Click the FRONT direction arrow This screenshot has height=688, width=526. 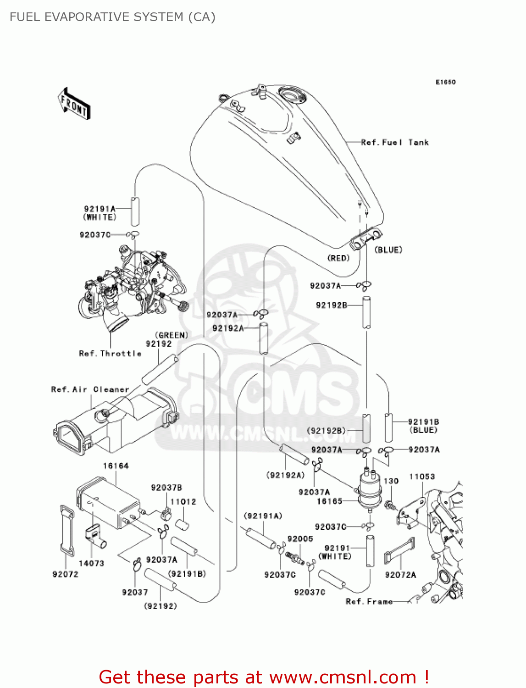pyautogui.click(x=74, y=104)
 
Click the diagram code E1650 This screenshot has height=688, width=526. pyautogui.click(x=445, y=82)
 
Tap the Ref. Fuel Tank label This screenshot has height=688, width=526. pyautogui.click(x=394, y=143)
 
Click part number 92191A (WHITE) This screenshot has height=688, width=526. pyautogui.click(x=100, y=213)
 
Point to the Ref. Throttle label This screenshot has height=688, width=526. pyautogui.click(x=110, y=354)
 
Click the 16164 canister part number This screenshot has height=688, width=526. pyautogui.click(x=116, y=466)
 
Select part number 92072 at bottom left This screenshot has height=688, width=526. pyautogui.click(x=66, y=574)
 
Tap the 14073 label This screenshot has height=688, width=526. pyautogui.click(x=91, y=563)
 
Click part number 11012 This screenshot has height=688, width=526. pyautogui.click(x=183, y=502)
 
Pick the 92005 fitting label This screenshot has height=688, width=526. pyautogui.click(x=300, y=539)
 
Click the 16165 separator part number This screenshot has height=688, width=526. pyautogui.click(x=330, y=501)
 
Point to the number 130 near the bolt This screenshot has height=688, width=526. pyautogui.click(x=391, y=481)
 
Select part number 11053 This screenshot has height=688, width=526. pyautogui.click(x=422, y=477)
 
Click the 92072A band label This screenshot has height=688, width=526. pyautogui.click(x=400, y=575)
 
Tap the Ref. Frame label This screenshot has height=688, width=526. pyautogui.click(x=369, y=601)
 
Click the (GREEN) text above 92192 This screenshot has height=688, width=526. pyautogui.click(x=172, y=335)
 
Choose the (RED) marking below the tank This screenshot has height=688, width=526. pyautogui.click(x=338, y=258)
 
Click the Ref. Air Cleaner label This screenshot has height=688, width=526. pyautogui.click(x=90, y=389)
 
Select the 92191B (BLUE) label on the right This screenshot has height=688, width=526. pyautogui.click(x=423, y=426)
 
